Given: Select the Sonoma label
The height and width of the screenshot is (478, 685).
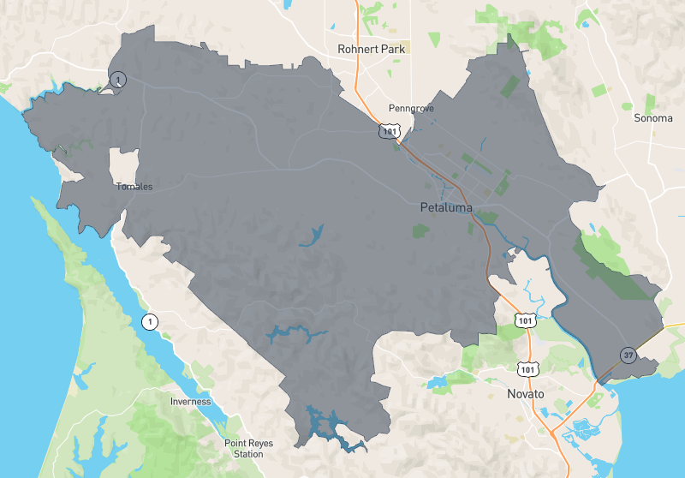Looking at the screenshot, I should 652,117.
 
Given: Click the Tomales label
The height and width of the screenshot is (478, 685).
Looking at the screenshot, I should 134,186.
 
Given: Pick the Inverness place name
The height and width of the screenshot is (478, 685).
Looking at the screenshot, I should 191,401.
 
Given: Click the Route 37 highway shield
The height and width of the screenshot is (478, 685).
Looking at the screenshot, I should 628,356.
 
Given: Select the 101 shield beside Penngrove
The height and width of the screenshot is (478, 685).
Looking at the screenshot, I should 390,131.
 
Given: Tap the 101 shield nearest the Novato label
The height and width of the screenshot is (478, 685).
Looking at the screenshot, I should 527,367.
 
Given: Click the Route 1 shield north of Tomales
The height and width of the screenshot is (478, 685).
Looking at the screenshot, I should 118,80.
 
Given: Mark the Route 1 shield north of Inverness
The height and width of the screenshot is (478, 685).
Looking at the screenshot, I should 150,322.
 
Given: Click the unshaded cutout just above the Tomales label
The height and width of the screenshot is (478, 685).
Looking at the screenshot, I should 124,164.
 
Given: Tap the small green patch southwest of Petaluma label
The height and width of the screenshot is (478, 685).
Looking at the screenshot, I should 420,230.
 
